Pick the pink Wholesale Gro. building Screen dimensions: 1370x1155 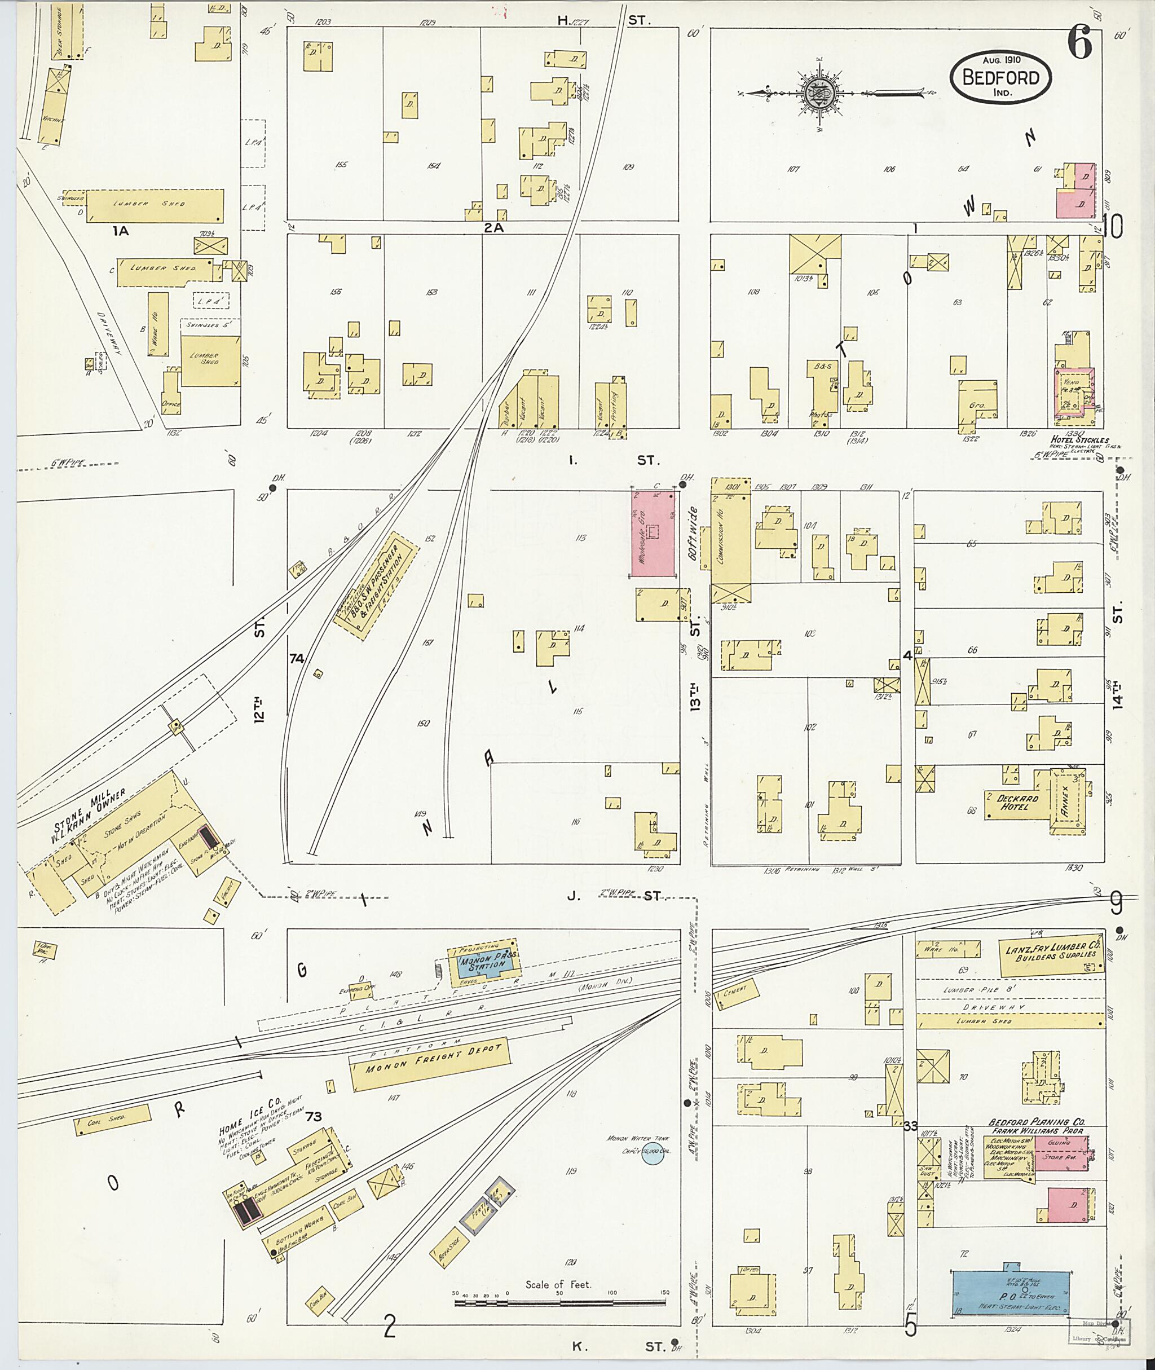click(653, 534)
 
